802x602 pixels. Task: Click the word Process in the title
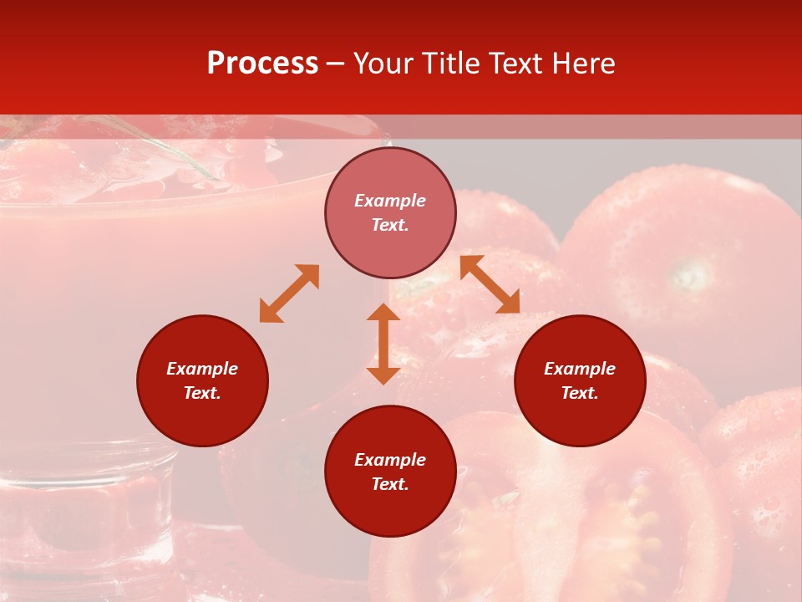[x=262, y=64]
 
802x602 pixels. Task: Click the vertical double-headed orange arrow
[x=383, y=344]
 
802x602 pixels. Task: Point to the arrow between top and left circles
[x=289, y=293]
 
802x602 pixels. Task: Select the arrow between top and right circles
[x=490, y=284]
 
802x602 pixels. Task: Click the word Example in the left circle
[x=202, y=369]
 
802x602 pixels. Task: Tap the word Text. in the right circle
[x=580, y=393]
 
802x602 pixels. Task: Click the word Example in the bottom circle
[x=390, y=460]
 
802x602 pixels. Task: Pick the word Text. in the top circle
[x=390, y=225]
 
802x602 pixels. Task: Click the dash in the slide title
[x=336, y=64]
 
